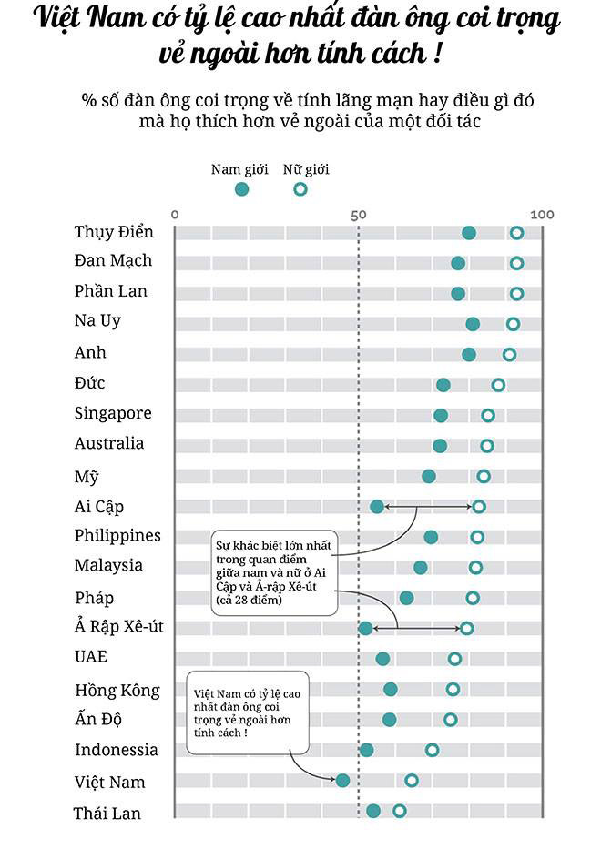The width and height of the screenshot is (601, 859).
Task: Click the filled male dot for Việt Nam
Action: click(x=342, y=780)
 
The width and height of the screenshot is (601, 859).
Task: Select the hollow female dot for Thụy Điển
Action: click(x=516, y=233)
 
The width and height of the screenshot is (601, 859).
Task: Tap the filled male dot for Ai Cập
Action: click(x=377, y=506)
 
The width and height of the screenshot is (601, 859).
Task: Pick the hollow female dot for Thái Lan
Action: click(x=399, y=811)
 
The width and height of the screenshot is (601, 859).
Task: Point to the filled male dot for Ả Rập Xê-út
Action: click(x=365, y=628)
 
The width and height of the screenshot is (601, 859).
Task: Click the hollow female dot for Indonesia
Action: click(x=432, y=750)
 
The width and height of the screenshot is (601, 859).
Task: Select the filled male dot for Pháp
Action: click(x=406, y=598)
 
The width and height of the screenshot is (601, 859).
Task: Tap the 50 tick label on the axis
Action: click(x=358, y=215)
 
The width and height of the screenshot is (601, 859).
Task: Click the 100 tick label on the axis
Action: click(x=542, y=215)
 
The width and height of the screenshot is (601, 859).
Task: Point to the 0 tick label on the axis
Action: click(x=175, y=215)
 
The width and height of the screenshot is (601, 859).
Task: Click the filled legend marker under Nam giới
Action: click(x=241, y=189)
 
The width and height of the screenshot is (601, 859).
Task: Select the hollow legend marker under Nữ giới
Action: click(x=300, y=189)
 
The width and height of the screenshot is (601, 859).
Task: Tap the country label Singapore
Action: click(x=113, y=413)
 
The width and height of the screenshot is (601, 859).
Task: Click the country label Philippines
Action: click(x=117, y=535)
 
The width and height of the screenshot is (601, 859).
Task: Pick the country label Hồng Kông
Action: click(x=117, y=690)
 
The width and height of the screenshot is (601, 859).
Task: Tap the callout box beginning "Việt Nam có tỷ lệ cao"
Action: click(x=246, y=712)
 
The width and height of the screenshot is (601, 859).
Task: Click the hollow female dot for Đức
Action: click(x=498, y=385)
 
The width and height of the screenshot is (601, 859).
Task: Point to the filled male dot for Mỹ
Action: click(x=429, y=476)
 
